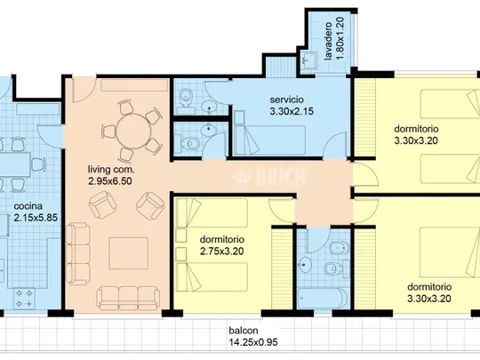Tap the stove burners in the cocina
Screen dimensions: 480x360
point(24,299)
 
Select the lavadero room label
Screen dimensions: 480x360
point(328,41)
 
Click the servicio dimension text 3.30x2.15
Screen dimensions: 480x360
point(292,111)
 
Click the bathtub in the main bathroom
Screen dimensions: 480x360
point(323,299)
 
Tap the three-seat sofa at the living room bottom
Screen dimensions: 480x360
point(128,299)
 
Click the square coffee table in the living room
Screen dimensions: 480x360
point(129,253)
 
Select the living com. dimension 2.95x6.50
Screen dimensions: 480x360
point(110,181)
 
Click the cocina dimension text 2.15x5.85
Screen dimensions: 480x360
point(36,218)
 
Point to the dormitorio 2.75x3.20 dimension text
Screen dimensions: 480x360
point(222,252)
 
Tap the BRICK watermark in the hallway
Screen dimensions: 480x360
point(269,177)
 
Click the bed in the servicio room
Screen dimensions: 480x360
point(269,140)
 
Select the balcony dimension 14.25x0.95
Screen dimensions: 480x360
point(253,342)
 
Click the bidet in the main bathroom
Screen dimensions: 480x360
point(340,247)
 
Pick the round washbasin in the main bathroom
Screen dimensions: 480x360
point(306,265)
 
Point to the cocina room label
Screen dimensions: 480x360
point(28,206)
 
